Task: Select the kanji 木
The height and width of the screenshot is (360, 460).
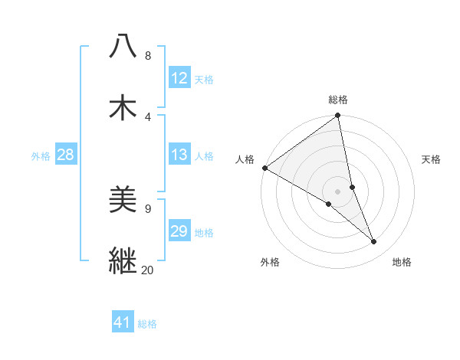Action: [x=123, y=107]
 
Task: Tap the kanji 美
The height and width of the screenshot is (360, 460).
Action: [x=123, y=200]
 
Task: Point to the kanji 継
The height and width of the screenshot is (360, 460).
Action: [x=123, y=260]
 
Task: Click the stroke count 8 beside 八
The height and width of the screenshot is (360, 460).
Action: [x=147, y=56]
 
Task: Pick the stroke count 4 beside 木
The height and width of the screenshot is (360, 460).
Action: [x=147, y=116]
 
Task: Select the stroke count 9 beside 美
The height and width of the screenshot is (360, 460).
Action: [x=147, y=208]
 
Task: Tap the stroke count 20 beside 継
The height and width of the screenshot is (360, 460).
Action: [x=148, y=270]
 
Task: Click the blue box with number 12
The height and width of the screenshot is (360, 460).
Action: [x=179, y=78]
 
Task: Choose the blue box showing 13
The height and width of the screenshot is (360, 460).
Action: [x=179, y=155]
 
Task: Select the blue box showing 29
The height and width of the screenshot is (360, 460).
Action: [x=179, y=231]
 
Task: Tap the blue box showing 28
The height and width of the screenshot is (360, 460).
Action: [x=65, y=155]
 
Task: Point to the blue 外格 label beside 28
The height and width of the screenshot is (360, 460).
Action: [x=41, y=155]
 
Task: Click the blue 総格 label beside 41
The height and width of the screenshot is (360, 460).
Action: [x=147, y=323]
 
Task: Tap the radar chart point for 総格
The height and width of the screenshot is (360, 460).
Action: [x=337, y=116]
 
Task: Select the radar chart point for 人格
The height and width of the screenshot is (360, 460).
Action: [x=264, y=168]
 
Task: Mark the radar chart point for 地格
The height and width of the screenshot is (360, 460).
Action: [x=374, y=242]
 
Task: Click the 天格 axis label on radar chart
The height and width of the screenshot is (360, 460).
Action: [x=432, y=159]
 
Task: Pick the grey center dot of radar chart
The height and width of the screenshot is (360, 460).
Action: [x=337, y=191]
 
